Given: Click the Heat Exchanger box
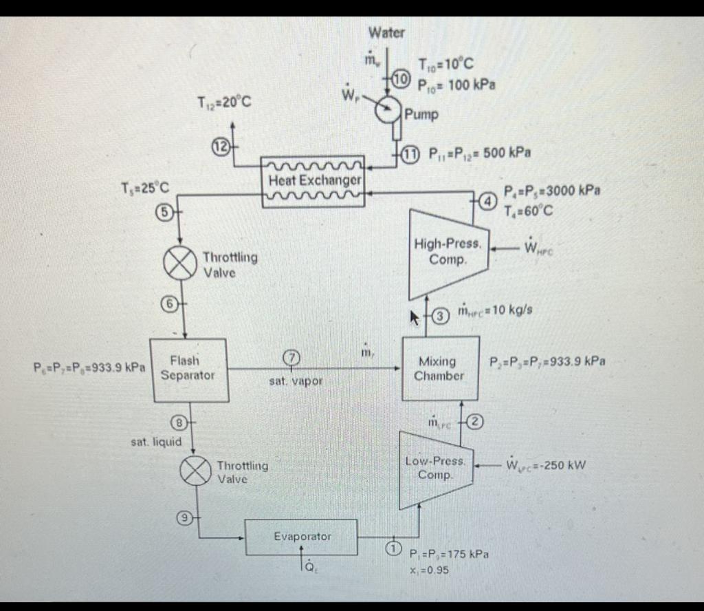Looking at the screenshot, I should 313,181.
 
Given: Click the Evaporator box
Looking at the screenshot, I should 302,537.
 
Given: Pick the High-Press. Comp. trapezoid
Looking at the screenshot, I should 448,253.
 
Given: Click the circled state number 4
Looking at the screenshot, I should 487,202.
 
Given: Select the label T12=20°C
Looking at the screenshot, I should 223,103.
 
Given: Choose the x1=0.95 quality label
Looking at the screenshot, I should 430,571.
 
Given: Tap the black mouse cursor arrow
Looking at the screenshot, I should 416,318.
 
